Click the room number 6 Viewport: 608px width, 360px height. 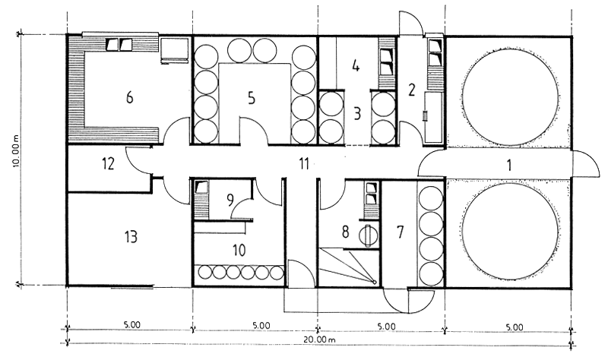tap(129, 97)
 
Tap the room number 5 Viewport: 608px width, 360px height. tap(252, 98)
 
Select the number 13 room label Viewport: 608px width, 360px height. tap(131, 236)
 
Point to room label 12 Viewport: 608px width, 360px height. tap(109, 164)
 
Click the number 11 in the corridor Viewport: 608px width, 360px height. tap(304, 164)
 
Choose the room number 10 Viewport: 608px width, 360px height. tap(239, 251)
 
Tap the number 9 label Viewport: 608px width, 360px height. tap(230, 201)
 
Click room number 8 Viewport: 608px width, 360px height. tap(345, 232)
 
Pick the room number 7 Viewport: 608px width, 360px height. tap(401, 232)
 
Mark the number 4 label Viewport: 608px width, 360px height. tap(356, 65)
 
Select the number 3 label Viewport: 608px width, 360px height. tap(357, 114)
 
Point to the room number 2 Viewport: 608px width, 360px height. tap(411, 90)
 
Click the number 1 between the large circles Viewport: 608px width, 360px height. tap(509, 165)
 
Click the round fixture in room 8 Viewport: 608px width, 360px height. tap(367, 235)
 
